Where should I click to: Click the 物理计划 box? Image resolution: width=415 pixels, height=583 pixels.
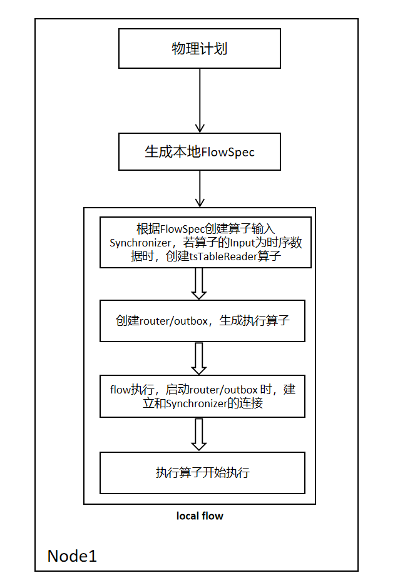coord(199,49)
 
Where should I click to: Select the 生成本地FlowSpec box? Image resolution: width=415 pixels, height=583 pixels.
coord(199,152)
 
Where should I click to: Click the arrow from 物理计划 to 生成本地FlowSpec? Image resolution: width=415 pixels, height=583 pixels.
coord(199,100)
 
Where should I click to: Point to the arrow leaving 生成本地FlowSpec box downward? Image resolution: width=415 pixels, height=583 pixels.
coord(199,188)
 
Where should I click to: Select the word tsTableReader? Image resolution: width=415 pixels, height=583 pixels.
coord(222,256)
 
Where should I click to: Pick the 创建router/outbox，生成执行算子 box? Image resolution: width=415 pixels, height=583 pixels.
coord(202,321)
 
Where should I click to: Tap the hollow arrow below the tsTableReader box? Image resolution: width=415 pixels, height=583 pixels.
coord(199,283)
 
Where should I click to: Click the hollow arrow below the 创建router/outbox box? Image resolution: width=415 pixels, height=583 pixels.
coord(199,358)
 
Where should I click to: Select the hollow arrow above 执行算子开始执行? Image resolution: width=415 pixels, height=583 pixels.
coord(199,434)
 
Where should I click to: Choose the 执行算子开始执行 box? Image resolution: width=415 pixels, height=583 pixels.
coord(202,472)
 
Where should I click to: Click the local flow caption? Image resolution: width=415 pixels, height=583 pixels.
coord(200,516)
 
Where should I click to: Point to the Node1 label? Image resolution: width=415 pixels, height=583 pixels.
coord(73,555)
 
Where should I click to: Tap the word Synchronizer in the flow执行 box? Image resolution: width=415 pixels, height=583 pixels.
coord(194,404)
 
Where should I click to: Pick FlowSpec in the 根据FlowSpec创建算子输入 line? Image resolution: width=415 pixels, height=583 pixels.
coord(182,229)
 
